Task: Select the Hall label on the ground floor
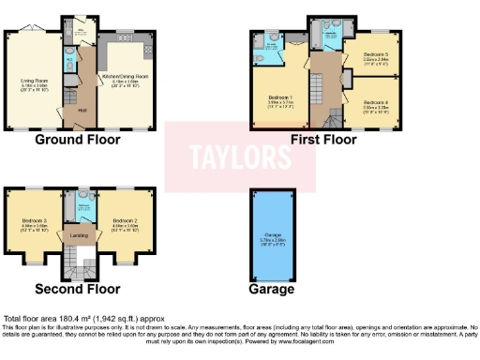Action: tap(81, 110)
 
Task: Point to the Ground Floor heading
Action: tap(80, 141)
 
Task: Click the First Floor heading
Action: tap(324, 141)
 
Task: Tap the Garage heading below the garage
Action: tap(273, 290)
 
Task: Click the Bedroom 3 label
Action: tap(35, 222)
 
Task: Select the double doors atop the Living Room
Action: tap(36, 25)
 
